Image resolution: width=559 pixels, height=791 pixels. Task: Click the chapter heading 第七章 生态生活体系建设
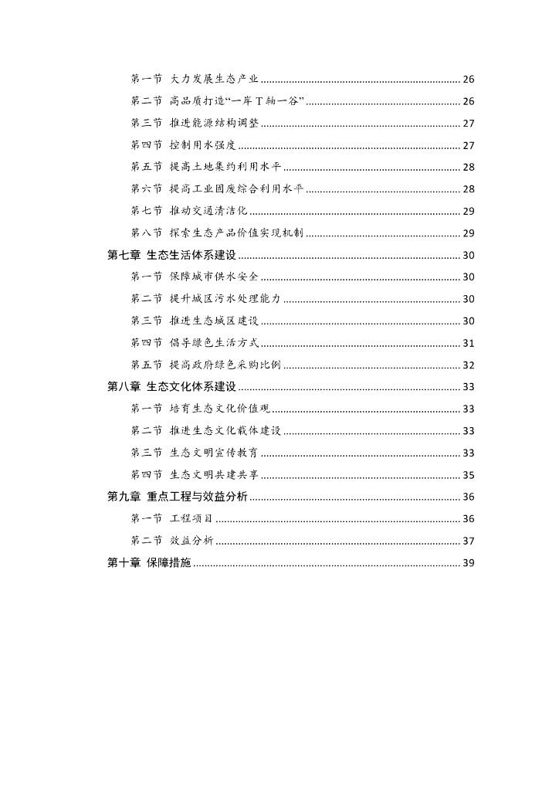[x=171, y=256]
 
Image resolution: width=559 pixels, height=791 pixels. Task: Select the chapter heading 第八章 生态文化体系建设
[x=171, y=387]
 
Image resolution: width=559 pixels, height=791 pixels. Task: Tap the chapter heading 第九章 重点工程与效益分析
[x=178, y=497]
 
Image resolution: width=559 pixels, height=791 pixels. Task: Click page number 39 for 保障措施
[x=468, y=562]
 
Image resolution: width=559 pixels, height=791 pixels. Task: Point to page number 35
[x=468, y=475]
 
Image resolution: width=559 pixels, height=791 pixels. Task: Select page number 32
[x=468, y=365]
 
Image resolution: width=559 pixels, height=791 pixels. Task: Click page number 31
[x=468, y=343]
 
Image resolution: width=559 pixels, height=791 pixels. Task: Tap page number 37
[x=468, y=541]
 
